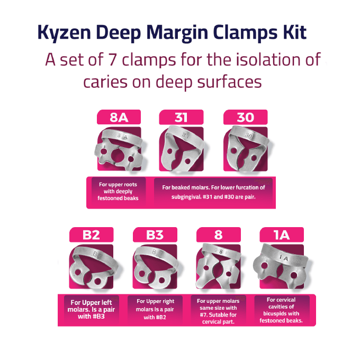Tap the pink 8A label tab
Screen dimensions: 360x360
pos(119,117)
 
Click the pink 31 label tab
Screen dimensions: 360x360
pos(181,117)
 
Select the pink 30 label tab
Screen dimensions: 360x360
pos(245,117)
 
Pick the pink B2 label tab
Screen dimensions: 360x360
pos(91,235)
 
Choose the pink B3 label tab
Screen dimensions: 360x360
pos(155,235)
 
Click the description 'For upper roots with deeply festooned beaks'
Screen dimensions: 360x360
pos(119,192)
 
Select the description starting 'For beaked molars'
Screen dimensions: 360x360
pos(213,192)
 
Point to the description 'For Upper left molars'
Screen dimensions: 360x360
pos(90,309)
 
